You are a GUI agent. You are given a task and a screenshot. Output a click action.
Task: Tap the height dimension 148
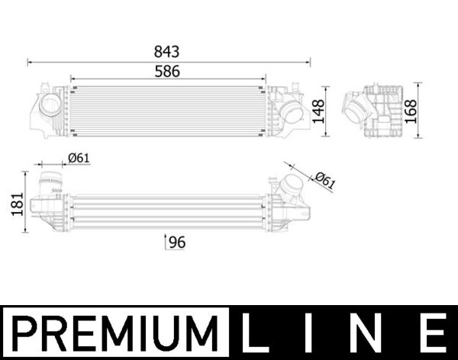coord(318,111)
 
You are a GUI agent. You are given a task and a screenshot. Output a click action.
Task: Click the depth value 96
coord(177,243)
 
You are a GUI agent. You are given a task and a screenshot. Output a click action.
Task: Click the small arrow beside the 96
coord(166,243)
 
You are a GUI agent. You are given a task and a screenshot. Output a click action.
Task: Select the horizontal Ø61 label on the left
coord(79,158)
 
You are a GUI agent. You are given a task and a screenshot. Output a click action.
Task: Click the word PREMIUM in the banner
coord(114,334)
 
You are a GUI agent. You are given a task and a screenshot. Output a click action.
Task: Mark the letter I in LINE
coord(315,334)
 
